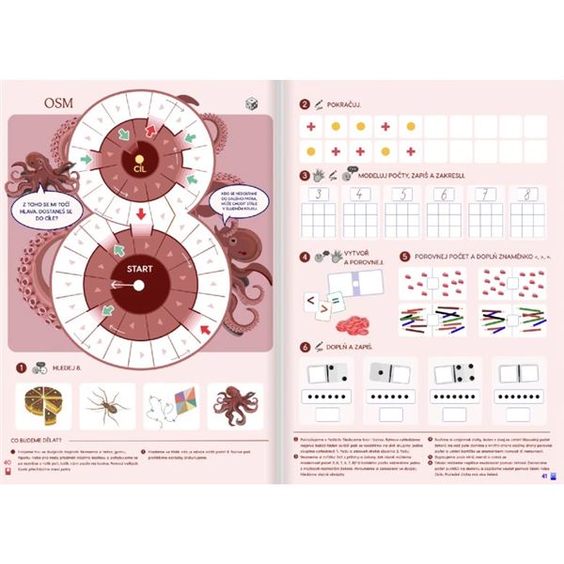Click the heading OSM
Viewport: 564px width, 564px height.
click(59, 102)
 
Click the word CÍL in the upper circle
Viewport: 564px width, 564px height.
click(139, 167)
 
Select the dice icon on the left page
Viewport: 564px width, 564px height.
click(251, 104)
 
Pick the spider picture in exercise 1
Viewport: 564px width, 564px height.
click(106, 405)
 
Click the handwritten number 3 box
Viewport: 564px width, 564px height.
click(319, 195)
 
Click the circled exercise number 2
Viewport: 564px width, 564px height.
click(304, 105)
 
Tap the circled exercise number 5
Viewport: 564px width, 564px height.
click(404, 255)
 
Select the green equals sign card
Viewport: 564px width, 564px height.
click(326, 308)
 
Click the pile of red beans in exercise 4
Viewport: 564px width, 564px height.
click(354, 324)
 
